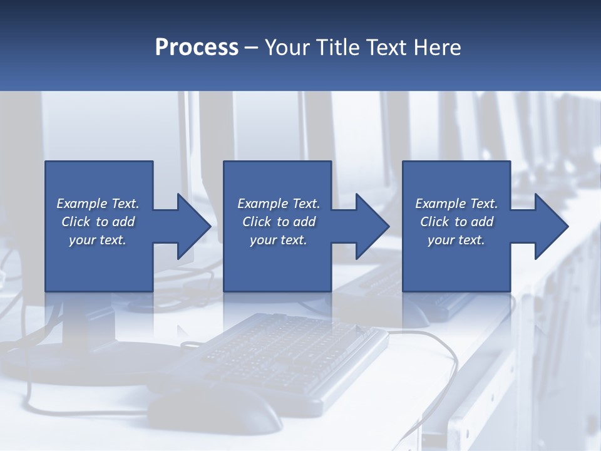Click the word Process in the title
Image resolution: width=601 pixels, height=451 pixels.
click(197, 48)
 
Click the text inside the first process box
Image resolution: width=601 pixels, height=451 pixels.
click(98, 222)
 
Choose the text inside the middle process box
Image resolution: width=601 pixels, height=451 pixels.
click(278, 222)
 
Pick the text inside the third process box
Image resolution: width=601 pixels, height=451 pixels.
click(456, 222)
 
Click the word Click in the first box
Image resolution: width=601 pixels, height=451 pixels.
click(76, 222)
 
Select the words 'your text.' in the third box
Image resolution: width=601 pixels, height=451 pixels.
click(456, 240)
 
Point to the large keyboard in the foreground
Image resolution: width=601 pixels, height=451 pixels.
click(288, 357)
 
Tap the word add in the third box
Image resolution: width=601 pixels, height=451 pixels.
click(482, 222)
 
